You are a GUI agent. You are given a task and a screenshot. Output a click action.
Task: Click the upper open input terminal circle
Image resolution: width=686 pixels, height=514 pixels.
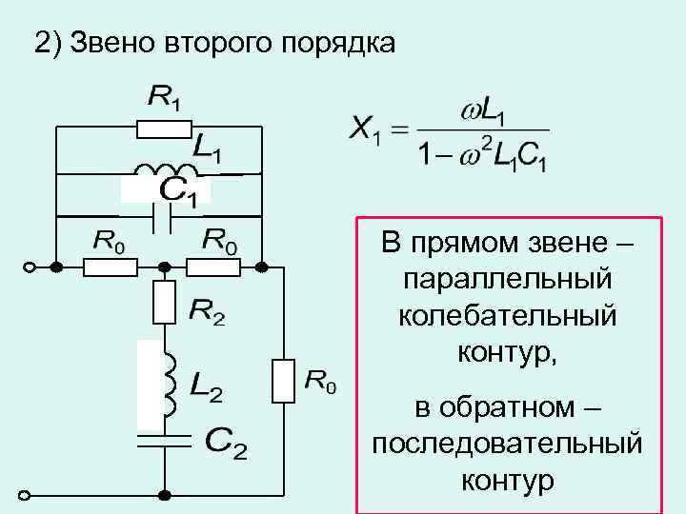28,267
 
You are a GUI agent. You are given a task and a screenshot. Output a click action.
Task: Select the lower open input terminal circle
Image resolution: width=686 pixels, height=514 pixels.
28,496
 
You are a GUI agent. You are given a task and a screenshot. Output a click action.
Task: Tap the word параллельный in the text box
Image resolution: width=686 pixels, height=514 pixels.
507,279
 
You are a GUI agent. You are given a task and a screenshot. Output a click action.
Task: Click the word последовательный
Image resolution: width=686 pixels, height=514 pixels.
507,444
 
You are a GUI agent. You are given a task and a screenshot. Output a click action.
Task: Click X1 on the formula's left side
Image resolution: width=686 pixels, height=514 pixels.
364,130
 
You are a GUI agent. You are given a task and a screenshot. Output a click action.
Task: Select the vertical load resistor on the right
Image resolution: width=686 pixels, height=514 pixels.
283,380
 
